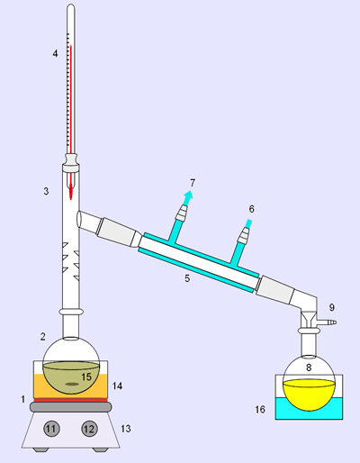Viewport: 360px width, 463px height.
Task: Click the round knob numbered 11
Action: [51, 429]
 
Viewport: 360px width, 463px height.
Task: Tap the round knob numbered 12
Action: [89, 429]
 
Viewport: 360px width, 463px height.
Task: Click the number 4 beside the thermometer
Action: [55, 54]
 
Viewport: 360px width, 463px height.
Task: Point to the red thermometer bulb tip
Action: [71, 198]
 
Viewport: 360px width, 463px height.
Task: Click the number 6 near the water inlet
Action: [252, 209]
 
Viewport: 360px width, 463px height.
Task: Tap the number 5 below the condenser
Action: [187, 278]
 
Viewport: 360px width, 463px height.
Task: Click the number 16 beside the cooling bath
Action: [260, 409]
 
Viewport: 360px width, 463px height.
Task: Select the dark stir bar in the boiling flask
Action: [71, 384]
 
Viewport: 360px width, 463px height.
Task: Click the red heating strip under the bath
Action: [70, 400]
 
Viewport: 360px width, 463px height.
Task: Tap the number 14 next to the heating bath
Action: [117, 386]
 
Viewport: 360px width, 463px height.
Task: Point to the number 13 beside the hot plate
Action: [126, 429]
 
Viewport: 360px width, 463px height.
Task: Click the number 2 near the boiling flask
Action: [43, 337]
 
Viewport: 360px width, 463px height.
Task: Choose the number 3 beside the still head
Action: [46, 191]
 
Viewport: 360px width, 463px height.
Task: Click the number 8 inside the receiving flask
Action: [309, 368]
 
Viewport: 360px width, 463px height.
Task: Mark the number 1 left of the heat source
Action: [22, 399]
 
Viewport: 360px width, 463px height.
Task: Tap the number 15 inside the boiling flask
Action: [86, 377]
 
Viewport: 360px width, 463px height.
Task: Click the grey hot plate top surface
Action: [70, 407]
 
